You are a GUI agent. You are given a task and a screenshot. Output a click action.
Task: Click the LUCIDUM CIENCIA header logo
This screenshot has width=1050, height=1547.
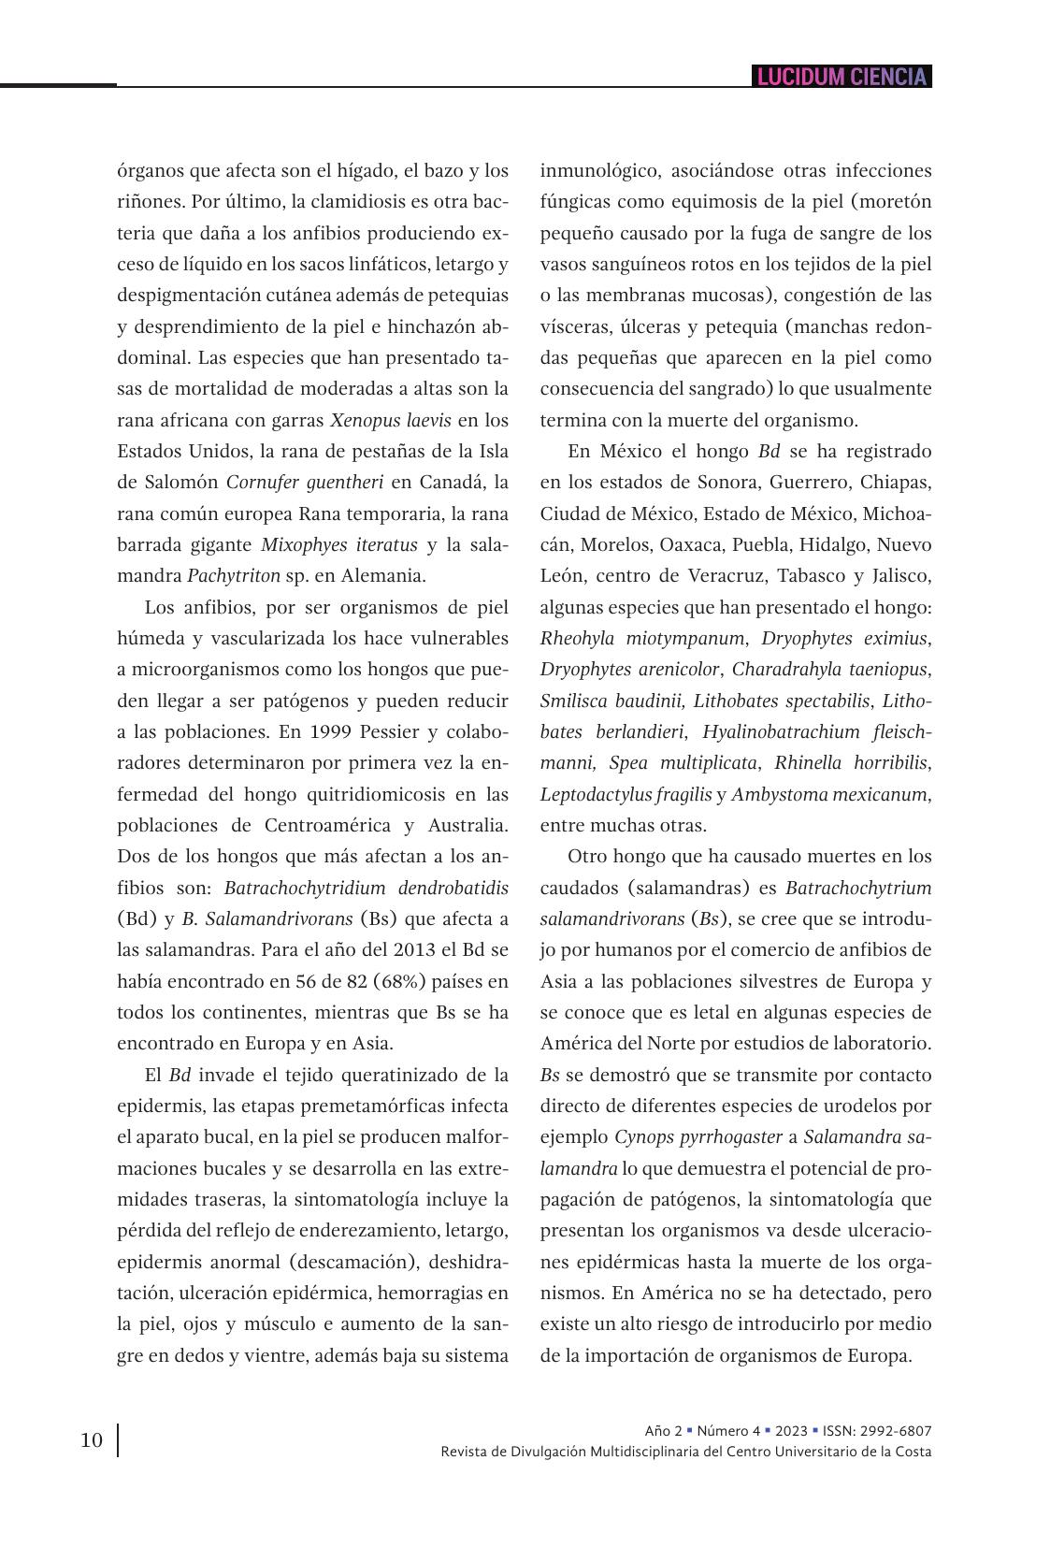coord(841,77)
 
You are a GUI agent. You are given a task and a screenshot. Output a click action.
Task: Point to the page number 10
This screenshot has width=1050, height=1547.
coord(92,1440)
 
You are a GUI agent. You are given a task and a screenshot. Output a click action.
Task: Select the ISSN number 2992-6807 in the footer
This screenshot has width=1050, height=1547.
coord(897,1431)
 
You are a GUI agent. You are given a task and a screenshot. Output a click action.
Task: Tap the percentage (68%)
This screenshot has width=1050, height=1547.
coord(372,981)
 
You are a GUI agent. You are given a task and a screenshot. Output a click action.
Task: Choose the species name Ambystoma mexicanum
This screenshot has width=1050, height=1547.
coord(829,794)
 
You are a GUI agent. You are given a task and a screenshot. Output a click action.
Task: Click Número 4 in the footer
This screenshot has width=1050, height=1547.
coord(728,1431)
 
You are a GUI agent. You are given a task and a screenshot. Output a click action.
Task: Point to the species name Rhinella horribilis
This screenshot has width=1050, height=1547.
coord(850,762)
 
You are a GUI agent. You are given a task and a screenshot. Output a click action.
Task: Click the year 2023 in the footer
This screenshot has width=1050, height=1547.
coord(790,1431)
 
